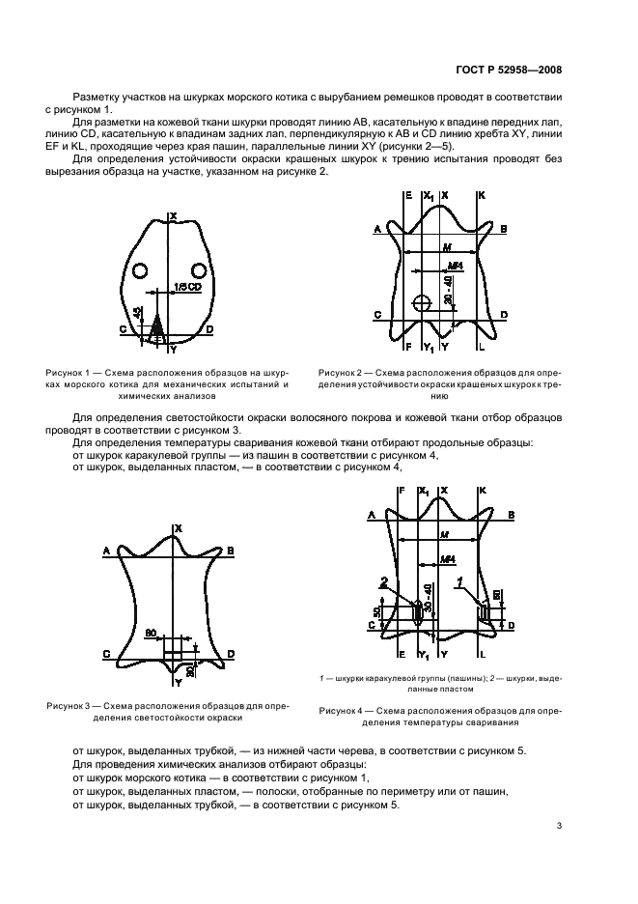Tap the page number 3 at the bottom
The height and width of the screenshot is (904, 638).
[x=559, y=826]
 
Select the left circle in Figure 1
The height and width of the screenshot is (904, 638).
[x=140, y=269]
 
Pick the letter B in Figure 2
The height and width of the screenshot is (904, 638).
[x=504, y=229]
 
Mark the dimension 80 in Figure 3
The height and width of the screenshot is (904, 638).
[x=151, y=634]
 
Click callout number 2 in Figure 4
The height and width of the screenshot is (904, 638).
[x=384, y=583]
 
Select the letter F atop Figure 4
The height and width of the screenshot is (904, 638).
[x=401, y=491]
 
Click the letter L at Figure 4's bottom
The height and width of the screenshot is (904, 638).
[x=482, y=656]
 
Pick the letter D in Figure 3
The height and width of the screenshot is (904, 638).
[x=232, y=654]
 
